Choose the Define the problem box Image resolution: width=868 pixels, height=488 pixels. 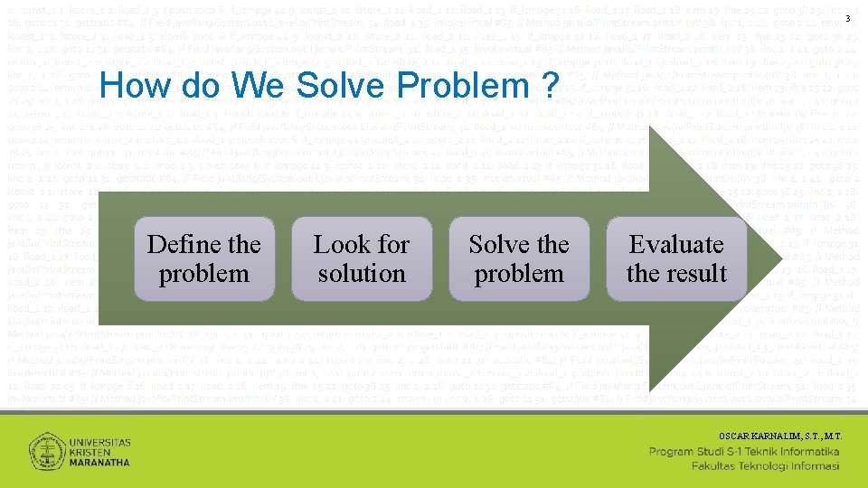203,258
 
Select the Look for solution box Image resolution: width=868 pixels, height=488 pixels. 361,258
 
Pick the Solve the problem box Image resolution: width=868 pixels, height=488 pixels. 518,258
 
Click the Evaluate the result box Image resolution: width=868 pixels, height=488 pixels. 676,258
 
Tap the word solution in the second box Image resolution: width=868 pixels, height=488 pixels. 361,273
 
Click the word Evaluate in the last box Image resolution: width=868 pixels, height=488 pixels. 676,244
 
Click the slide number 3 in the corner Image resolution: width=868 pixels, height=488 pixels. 847,20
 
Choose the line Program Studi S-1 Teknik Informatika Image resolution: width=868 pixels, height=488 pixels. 745,451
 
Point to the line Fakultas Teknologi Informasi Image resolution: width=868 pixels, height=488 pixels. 766,466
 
